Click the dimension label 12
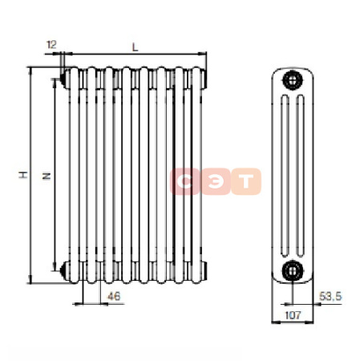pyautogui.click(x=51, y=44)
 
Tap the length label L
pyautogui.click(x=136, y=47)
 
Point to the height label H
pyautogui.click(x=23, y=175)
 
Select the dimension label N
pyautogui.click(x=47, y=176)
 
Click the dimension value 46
pyautogui.click(x=114, y=296)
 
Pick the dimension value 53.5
pyautogui.click(x=330, y=296)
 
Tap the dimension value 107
pyautogui.click(x=293, y=315)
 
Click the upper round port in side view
pyautogui.click(x=293, y=80)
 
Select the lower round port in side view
pyautogui.click(x=293, y=270)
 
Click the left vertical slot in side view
pyautogui.click(x=285, y=176)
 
